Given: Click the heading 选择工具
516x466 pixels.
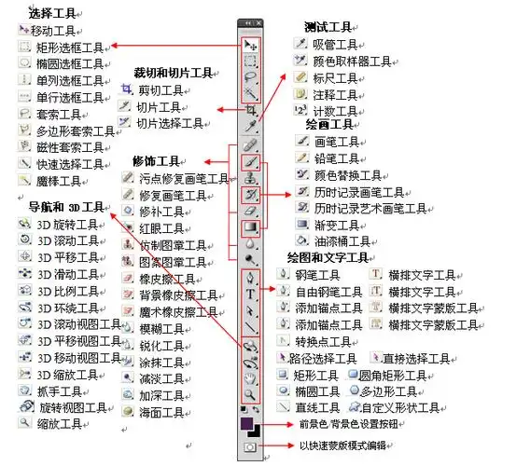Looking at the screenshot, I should pyautogui.click(x=52, y=14).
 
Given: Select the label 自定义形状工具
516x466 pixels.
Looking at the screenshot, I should pyautogui.click(x=408, y=407).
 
